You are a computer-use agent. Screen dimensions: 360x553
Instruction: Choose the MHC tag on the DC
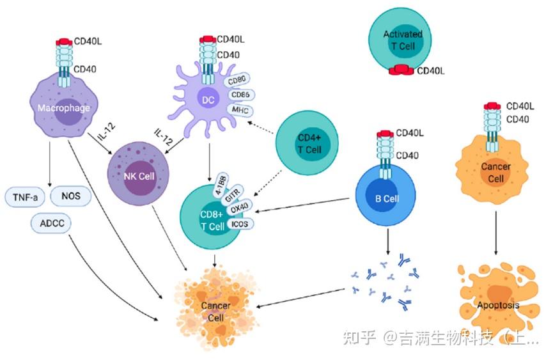[x=240, y=110]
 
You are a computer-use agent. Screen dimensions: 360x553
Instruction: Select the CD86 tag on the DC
[x=241, y=95]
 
